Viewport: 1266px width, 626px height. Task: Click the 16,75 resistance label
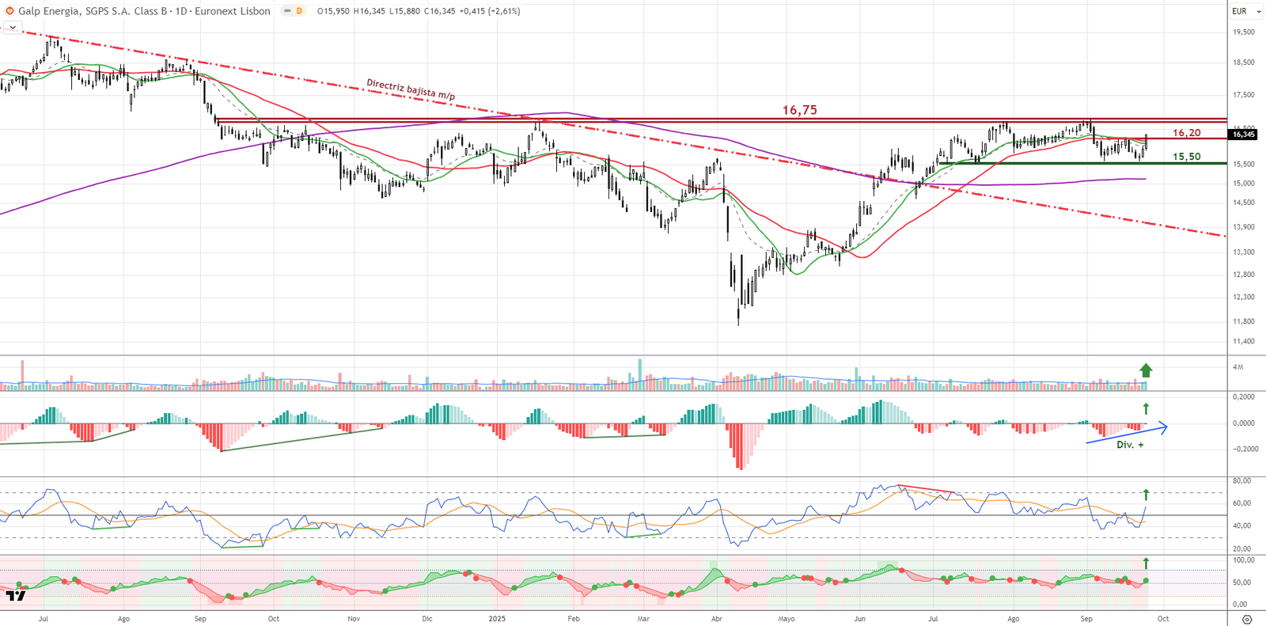[799, 110]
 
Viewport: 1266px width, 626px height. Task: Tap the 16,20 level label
[1186, 133]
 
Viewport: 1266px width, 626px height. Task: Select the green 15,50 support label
[1186, 157]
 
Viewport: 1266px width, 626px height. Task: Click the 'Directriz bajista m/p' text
[410, 89]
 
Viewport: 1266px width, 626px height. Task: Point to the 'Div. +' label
[1129, 445]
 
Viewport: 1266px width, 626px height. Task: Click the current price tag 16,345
[1243, 135]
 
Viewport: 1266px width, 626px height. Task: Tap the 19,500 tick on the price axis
[1243, 32]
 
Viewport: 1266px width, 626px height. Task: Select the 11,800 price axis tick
[1243, 322]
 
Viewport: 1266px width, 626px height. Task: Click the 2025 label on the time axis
[497, 619]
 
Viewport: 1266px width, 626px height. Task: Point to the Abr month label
[717, 619]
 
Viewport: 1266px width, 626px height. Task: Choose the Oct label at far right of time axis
[1162, 619]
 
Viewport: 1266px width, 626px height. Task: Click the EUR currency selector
[1245, 11]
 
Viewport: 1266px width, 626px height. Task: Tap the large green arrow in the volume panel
[1146, 370]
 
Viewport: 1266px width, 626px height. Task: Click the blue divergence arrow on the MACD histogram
[1127, 434]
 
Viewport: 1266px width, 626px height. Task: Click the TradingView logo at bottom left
[15, 595]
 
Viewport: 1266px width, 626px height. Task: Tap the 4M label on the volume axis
[1238, 367]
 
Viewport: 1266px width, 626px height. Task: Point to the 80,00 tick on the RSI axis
[1241, 481]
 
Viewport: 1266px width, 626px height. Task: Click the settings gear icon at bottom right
[1247, 619]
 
